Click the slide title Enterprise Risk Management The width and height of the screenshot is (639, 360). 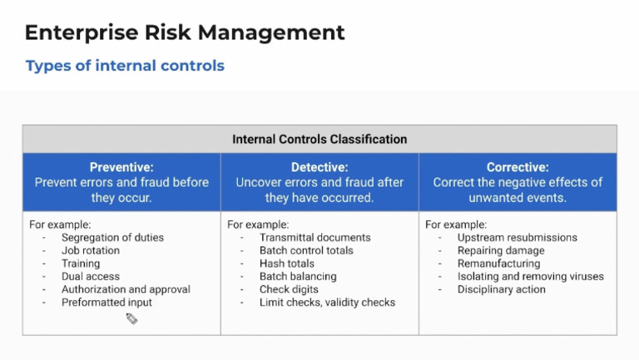pos(184,32)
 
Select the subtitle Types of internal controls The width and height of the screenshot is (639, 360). pos(125,66)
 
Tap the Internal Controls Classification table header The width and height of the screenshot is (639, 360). pos(319,139)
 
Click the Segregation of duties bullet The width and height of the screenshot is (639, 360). pos(112,238)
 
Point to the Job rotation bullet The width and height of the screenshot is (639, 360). pos(91,250)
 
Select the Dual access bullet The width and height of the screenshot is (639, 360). pos(91,277)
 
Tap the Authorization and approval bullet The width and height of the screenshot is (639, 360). pos(126,289)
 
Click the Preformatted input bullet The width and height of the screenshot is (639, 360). pos(106,303)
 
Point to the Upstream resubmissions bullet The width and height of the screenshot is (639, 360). pos(517,238)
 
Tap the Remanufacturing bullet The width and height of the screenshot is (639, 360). pos(498,264)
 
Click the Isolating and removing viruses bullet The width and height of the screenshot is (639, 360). pos(530,277)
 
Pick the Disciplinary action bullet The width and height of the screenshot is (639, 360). pos(501,289)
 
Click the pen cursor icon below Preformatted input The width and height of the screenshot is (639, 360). pos(131,318)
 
